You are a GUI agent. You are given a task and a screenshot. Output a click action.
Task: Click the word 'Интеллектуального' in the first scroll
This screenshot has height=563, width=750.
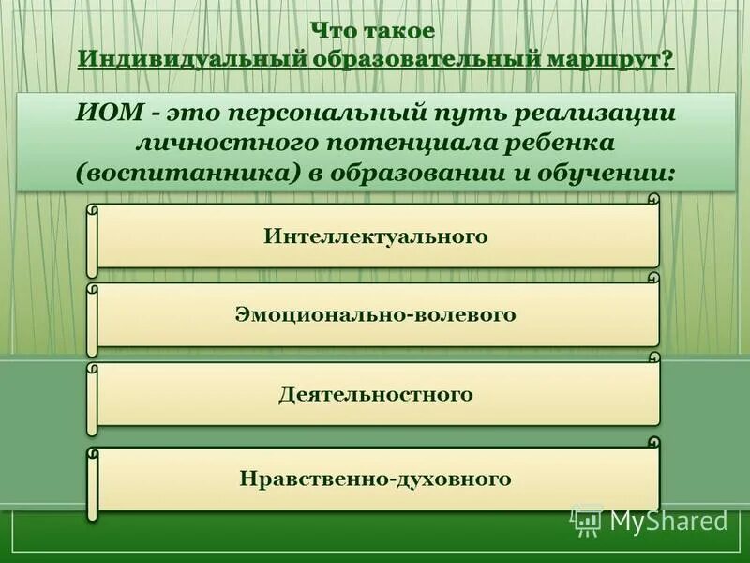375,236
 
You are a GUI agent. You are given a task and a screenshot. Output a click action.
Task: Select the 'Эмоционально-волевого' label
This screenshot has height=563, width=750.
375,315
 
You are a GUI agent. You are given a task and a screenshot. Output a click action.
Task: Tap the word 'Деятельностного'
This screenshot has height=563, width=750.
375,395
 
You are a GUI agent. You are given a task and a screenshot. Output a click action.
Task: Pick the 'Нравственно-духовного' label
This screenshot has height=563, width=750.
375,479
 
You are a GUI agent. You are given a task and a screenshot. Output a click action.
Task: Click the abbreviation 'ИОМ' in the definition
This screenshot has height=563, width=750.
110,113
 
